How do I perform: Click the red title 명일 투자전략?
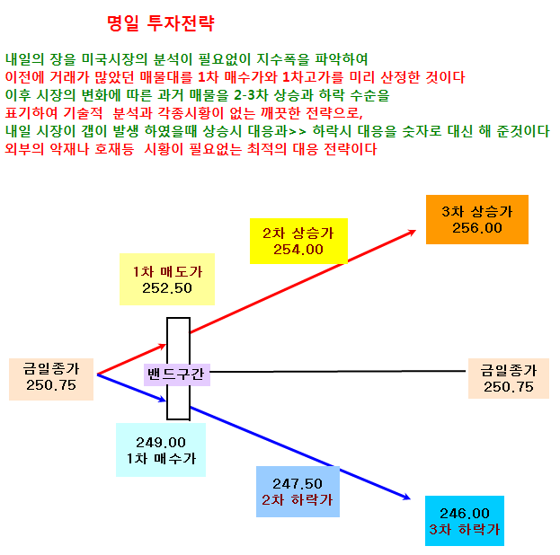pyautogui.click(x=161, y=23)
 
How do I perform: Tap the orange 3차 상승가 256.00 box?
pyautogui.click(x=477, y=219)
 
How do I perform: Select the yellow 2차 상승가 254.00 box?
pyautogui.click(x=298, y=241)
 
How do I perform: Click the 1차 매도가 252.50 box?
pyautogui.click(x=167, y=279)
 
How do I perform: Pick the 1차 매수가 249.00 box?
pyautogui.click(x=161, y=450)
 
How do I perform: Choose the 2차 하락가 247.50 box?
pyautogui.click(x=298, y=491)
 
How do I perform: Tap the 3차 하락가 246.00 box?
pyautogui.click(x=465, y=521)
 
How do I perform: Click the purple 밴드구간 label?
pyautogui.click(x=177, y=374)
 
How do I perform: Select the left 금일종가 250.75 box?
pyautogui.click(x=51, y=379)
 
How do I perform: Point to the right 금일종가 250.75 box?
pyautogui.click(x=509, y=378)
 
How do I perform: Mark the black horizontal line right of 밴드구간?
pyautogui.click(x=338, y=372)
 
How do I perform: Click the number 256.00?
pyautogui.click(x=477, y=228)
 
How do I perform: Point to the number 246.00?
pyautogui.click(x=465, y=514)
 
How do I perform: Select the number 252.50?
pyautogui.click(x=167, y=288)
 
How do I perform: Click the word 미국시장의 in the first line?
pyautogui.click(x=115, y=59)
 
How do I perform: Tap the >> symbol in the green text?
pyautogui.click(x=298, y=131)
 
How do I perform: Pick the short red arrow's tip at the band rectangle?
pyautogui.click(x=166, y=345)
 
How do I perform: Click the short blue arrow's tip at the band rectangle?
pyautogui.click(x=166, y=401)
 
